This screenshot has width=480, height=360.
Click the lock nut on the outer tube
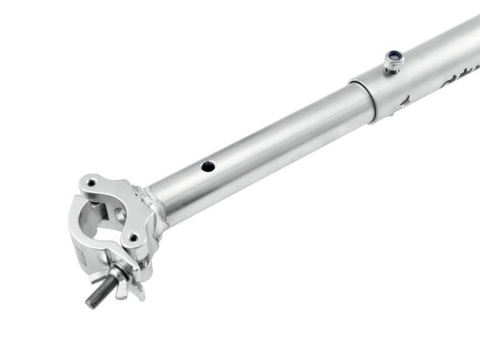394,59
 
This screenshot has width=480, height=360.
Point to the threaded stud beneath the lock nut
393,68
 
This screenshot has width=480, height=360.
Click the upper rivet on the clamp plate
91,185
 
